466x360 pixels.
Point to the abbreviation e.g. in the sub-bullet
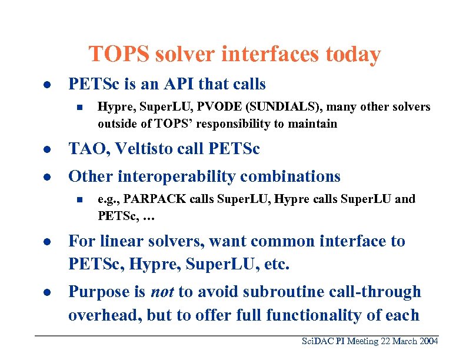[108, 199]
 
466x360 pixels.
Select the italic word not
[162, 292]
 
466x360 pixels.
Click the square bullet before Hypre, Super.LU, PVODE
[77, 108]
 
